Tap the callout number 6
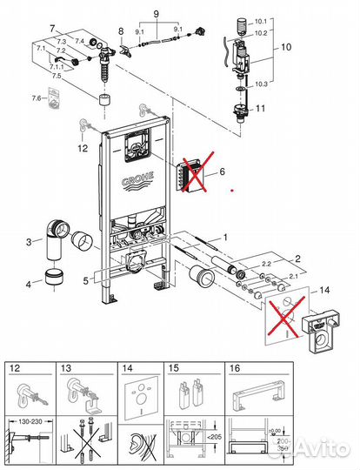click(x=221, y=171)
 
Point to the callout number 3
click(x=28, y=242)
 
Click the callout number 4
click(x=28, y=284)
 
